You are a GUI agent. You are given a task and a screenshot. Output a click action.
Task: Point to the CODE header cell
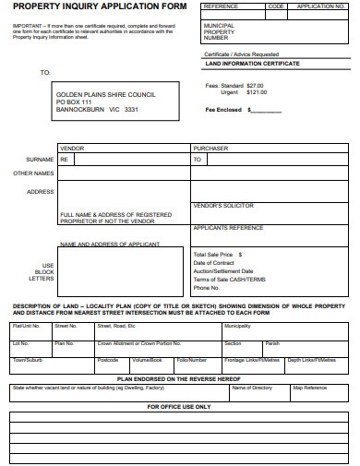click(x=275, y=6)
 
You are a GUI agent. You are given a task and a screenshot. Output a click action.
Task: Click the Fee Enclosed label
click(x=223, y=111)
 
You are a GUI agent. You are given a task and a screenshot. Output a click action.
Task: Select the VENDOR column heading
click(x=72, y=148)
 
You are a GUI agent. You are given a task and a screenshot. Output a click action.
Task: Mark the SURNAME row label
click(x=41, y=159)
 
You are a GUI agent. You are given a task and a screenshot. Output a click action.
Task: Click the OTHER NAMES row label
click(x=33, y=173)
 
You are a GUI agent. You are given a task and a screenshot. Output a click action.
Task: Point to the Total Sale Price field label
click(x=215, y=254)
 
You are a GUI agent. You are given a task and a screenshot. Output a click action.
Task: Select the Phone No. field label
click(x=206, y=288)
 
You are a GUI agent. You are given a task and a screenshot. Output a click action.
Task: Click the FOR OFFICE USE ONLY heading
click(x=177, y=406)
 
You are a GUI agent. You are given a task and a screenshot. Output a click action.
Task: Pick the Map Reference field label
click(x=309, y=388)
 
